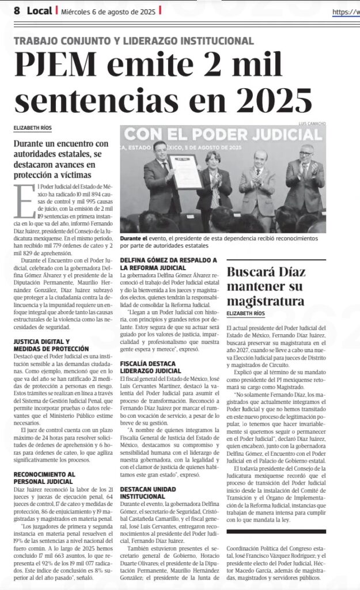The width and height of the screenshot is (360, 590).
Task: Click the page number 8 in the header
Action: pyautogui.click(x=17, y=10)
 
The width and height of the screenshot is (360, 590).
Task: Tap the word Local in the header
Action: pyautogui.click(x=40, y=10)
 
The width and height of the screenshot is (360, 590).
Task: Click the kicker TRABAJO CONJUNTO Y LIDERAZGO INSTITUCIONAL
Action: pyautogui.click(x=134, y=41)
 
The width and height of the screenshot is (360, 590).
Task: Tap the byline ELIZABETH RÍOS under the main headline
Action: pyautogui.click(x=33, y=127)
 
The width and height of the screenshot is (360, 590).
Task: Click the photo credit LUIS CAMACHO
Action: pyautogui.click(x=311, y=124)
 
